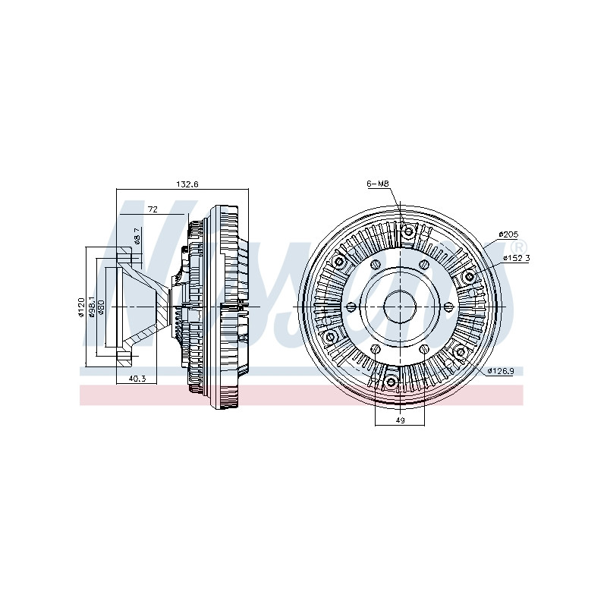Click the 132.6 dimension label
pos(187,184)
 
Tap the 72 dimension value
pos(153,209)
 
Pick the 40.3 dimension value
pos(137,378)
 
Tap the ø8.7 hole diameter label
pos(137,235)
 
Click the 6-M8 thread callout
pos(377,184)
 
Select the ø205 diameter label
pos(508,234)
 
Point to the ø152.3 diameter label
pos(517,258)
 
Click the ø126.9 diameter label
pos(501,371)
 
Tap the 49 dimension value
pos(401,420)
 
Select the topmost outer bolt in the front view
pos(408,232)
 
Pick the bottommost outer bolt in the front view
pos(391,382)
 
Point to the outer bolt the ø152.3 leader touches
pos(469,276)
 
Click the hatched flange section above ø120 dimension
pos(124,256)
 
